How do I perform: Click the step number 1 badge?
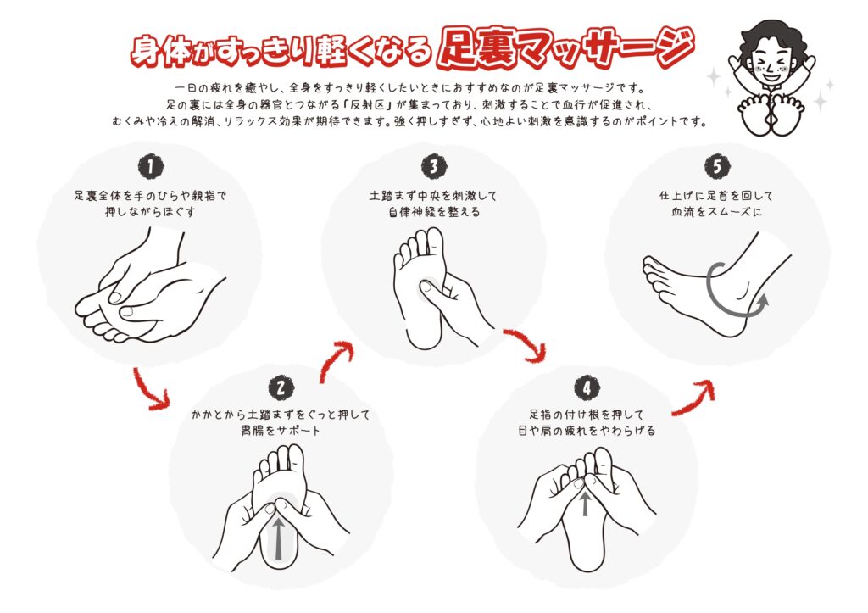click(151, 166)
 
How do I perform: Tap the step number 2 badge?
click(281, 387)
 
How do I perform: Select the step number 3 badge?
click(434, 166)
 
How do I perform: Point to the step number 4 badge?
click(587, 387)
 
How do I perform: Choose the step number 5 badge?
click(717, 166)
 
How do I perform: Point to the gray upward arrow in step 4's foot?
click(585, 504)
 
